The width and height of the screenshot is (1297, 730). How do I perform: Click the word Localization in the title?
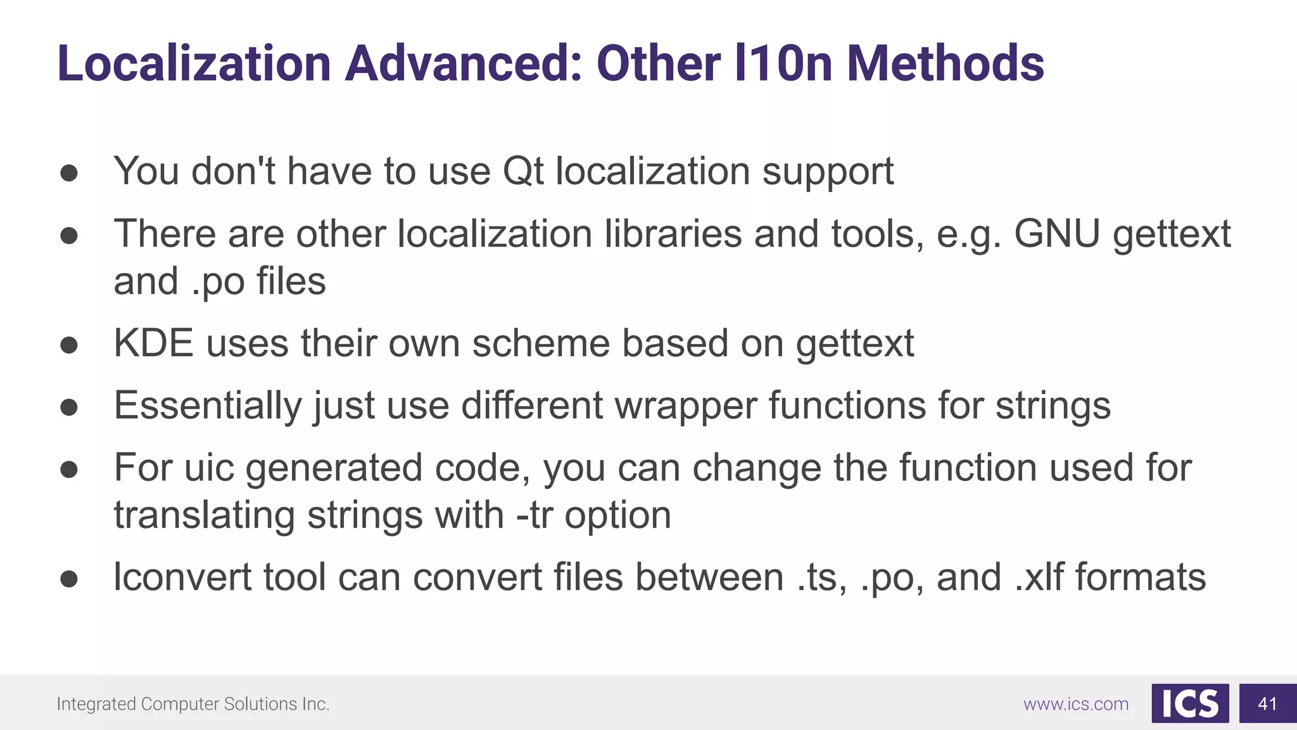(194, 63)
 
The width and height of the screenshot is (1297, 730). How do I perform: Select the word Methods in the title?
(946, 63)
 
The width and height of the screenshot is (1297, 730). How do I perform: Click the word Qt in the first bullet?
(523, 171)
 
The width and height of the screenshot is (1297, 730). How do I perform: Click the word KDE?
(153, 343)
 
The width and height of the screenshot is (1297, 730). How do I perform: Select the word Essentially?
(208, 406)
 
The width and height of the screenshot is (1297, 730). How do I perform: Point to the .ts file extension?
(821, 577)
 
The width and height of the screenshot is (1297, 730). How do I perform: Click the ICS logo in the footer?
(1190, 703)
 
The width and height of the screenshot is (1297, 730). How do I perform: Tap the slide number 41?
(1267, 703)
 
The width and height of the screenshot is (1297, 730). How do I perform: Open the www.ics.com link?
(1076, 704)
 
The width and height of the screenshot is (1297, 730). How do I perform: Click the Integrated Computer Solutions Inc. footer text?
(193, 704)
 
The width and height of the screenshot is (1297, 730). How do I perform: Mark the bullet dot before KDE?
(69, 345)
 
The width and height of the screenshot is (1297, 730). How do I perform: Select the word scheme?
(540, 343)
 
